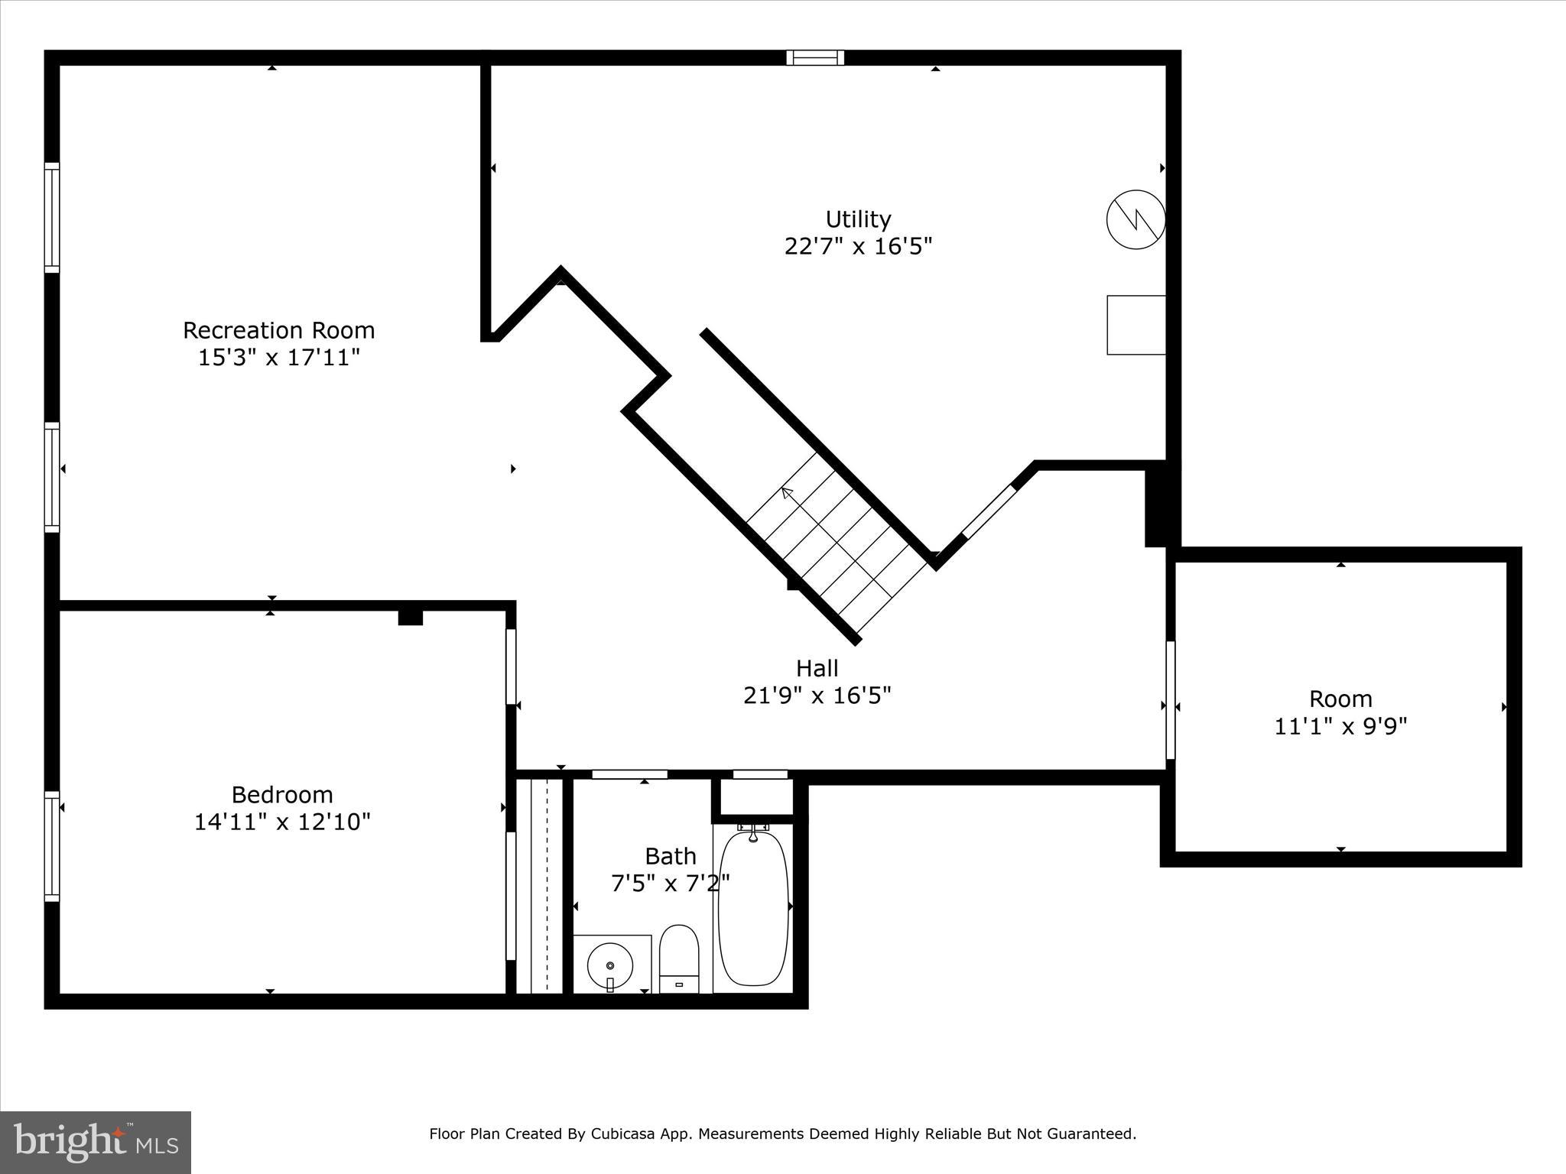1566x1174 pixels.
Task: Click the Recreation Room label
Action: (278, 330)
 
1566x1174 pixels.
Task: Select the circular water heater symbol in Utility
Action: (1136, 219)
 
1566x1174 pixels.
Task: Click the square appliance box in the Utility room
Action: (1136, 325)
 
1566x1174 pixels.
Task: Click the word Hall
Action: (817, 669)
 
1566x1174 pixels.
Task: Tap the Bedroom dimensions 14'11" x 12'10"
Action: (281, 822)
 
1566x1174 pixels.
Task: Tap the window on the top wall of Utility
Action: (815, 57)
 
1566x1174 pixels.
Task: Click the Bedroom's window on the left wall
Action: (51, 846)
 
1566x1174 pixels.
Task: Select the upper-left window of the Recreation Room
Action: (51, 217)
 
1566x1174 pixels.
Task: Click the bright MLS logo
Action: (96, 1142)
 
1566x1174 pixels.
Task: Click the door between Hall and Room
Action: (1170, 700)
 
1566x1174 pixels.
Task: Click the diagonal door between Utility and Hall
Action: (989, 511)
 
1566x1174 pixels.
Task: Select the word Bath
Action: (670, 856)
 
